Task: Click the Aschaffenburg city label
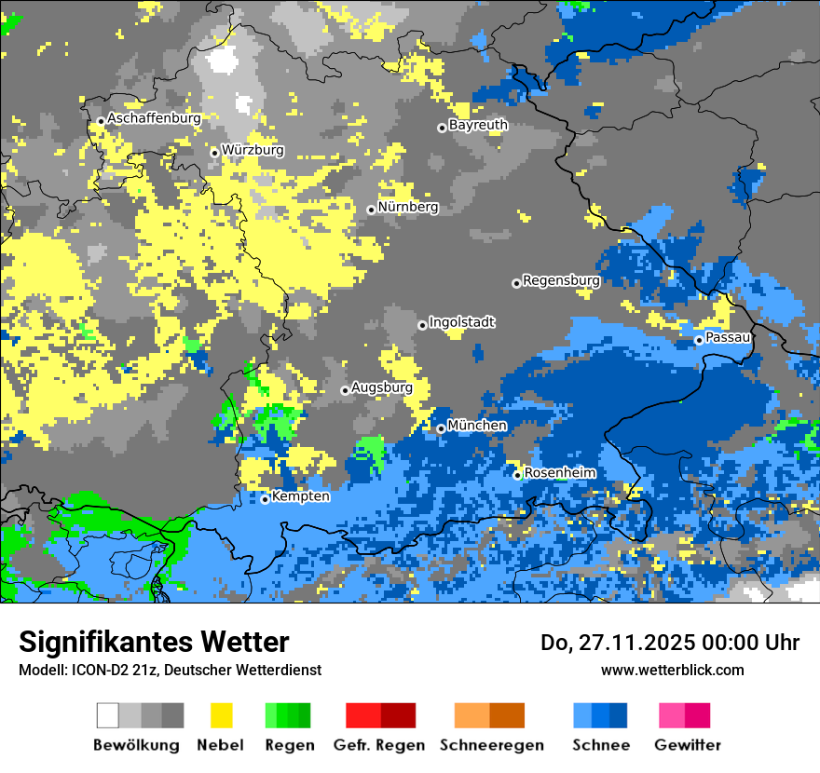(154, 118)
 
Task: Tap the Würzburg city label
(253, 150)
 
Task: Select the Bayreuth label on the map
(478, 125)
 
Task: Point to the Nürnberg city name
(407, 207)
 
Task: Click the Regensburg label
(561, 280)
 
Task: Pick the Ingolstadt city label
(461, 322)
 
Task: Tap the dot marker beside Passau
(699, 340)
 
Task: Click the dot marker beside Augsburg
(345, 390)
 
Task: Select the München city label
(477, 426)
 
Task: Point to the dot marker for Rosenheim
(517, 475)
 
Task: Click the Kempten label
(300, 496)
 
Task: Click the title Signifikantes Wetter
(154, 642)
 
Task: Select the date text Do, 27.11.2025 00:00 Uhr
(669, 643)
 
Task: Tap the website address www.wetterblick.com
(672, 670)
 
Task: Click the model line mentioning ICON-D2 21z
(170, 670)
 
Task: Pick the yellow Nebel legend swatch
(221, 715)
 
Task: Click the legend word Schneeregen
(491, 745)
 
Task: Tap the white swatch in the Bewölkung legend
(108, 715)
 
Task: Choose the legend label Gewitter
(687, 745)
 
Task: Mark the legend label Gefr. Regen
(378, 745)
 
